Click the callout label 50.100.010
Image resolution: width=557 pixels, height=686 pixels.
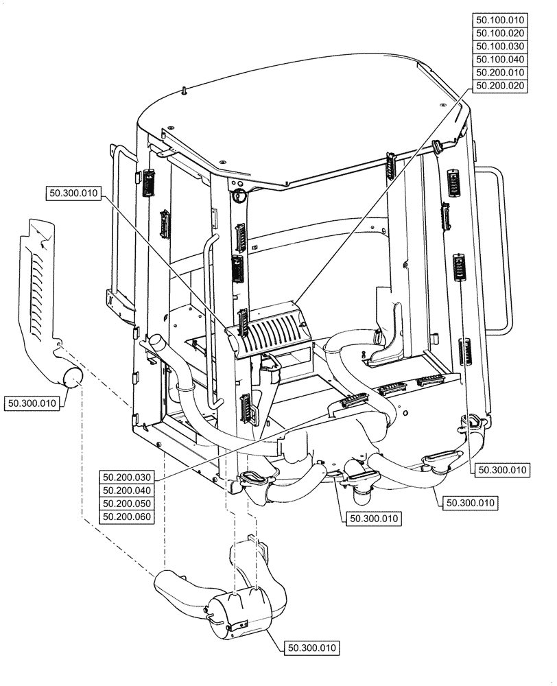[x=500, y=20]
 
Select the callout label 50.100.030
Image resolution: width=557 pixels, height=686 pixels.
[x=500, y=46]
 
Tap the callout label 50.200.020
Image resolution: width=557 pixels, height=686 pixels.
[x=500, y=85]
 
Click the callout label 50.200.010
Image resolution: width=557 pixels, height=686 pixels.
[x=500, y=72]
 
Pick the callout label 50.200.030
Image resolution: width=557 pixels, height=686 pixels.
[x=127, y=477]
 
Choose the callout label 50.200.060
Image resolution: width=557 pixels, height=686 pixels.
[x=127, y=517]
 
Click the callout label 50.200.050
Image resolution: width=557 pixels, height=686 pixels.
[x=127, y=504]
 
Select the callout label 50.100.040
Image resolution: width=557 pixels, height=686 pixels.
[x=500, y=59]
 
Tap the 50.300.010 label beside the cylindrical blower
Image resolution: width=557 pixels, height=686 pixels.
[x=313, y=647]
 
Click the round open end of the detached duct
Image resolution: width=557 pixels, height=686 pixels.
[x=72, y=375]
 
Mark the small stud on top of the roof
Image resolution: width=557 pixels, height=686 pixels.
[x=185, y=90]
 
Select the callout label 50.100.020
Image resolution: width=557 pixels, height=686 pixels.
[x=500, y=33]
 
